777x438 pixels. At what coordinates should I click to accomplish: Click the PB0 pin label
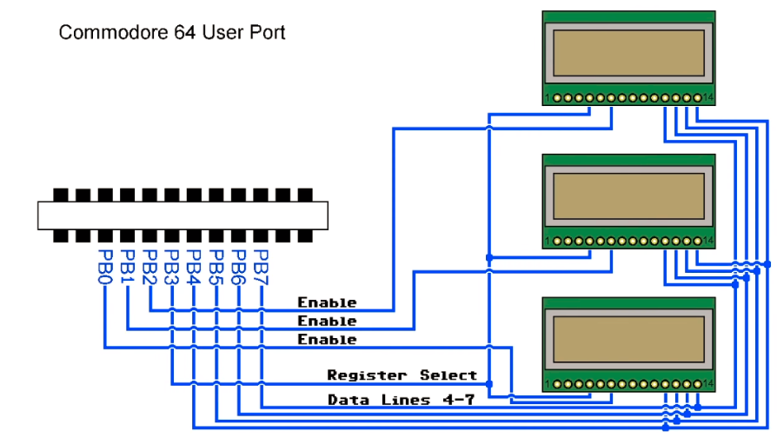106,267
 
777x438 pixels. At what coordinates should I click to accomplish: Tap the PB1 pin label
129,267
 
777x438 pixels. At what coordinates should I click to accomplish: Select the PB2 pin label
150,267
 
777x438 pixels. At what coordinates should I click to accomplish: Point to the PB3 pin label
172,267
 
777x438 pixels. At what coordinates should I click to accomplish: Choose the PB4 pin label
195,267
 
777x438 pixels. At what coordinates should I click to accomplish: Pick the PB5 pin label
216,267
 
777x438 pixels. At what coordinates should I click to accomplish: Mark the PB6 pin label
239,267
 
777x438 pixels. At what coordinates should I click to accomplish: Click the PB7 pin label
261,267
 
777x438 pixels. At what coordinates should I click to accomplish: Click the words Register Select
402,375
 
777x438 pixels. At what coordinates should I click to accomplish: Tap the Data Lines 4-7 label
390,400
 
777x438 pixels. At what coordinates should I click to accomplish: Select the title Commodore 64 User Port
172,33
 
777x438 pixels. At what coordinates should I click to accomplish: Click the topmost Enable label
327,302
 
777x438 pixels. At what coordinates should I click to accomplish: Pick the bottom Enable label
327,340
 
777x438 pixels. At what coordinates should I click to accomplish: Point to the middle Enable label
327,322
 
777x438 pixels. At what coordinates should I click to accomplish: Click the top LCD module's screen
628,53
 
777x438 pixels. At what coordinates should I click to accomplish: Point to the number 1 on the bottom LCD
548,383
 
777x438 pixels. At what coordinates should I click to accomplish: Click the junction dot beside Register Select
489,383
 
